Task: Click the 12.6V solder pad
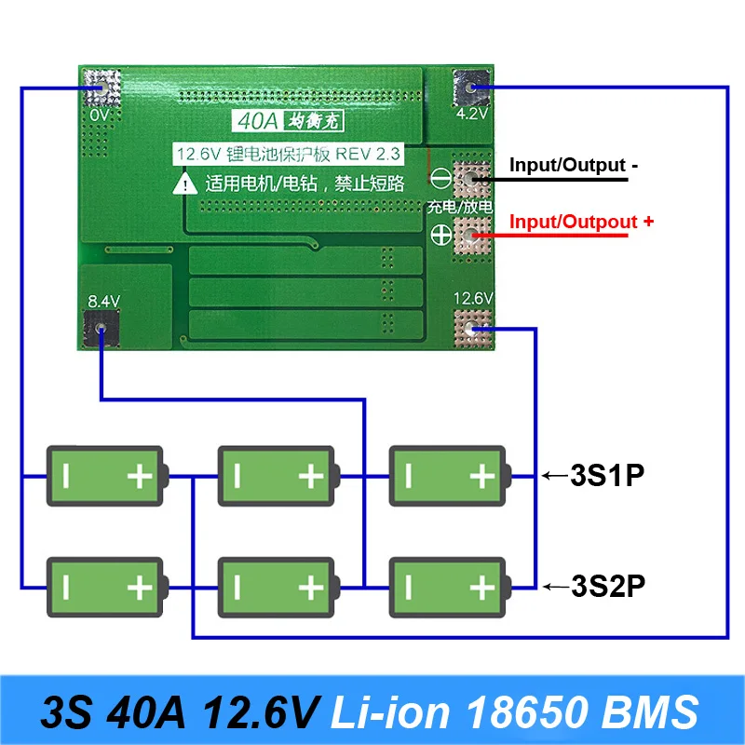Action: click(x=473, y=328)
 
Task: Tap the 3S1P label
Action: click(x=607, y=476)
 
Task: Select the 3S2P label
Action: click(x=607, y=587)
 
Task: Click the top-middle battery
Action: click(x=277, y=477)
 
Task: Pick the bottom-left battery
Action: click(x=105, y=587)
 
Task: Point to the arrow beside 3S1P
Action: click(x=556, y=477)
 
